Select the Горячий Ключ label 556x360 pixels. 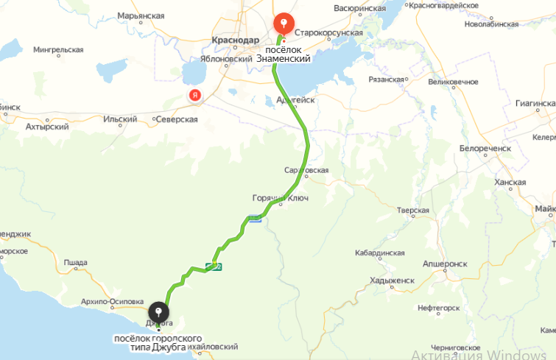[280, 199]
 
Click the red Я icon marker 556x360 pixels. [194, 96]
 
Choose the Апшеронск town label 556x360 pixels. [446, 263]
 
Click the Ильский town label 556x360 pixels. [120, 119]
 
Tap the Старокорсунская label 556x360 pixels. [328, 33]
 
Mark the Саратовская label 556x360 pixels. [306, 170]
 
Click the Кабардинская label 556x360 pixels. [379, 253]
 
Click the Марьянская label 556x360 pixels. [140, 15]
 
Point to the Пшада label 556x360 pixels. [75, 262]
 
